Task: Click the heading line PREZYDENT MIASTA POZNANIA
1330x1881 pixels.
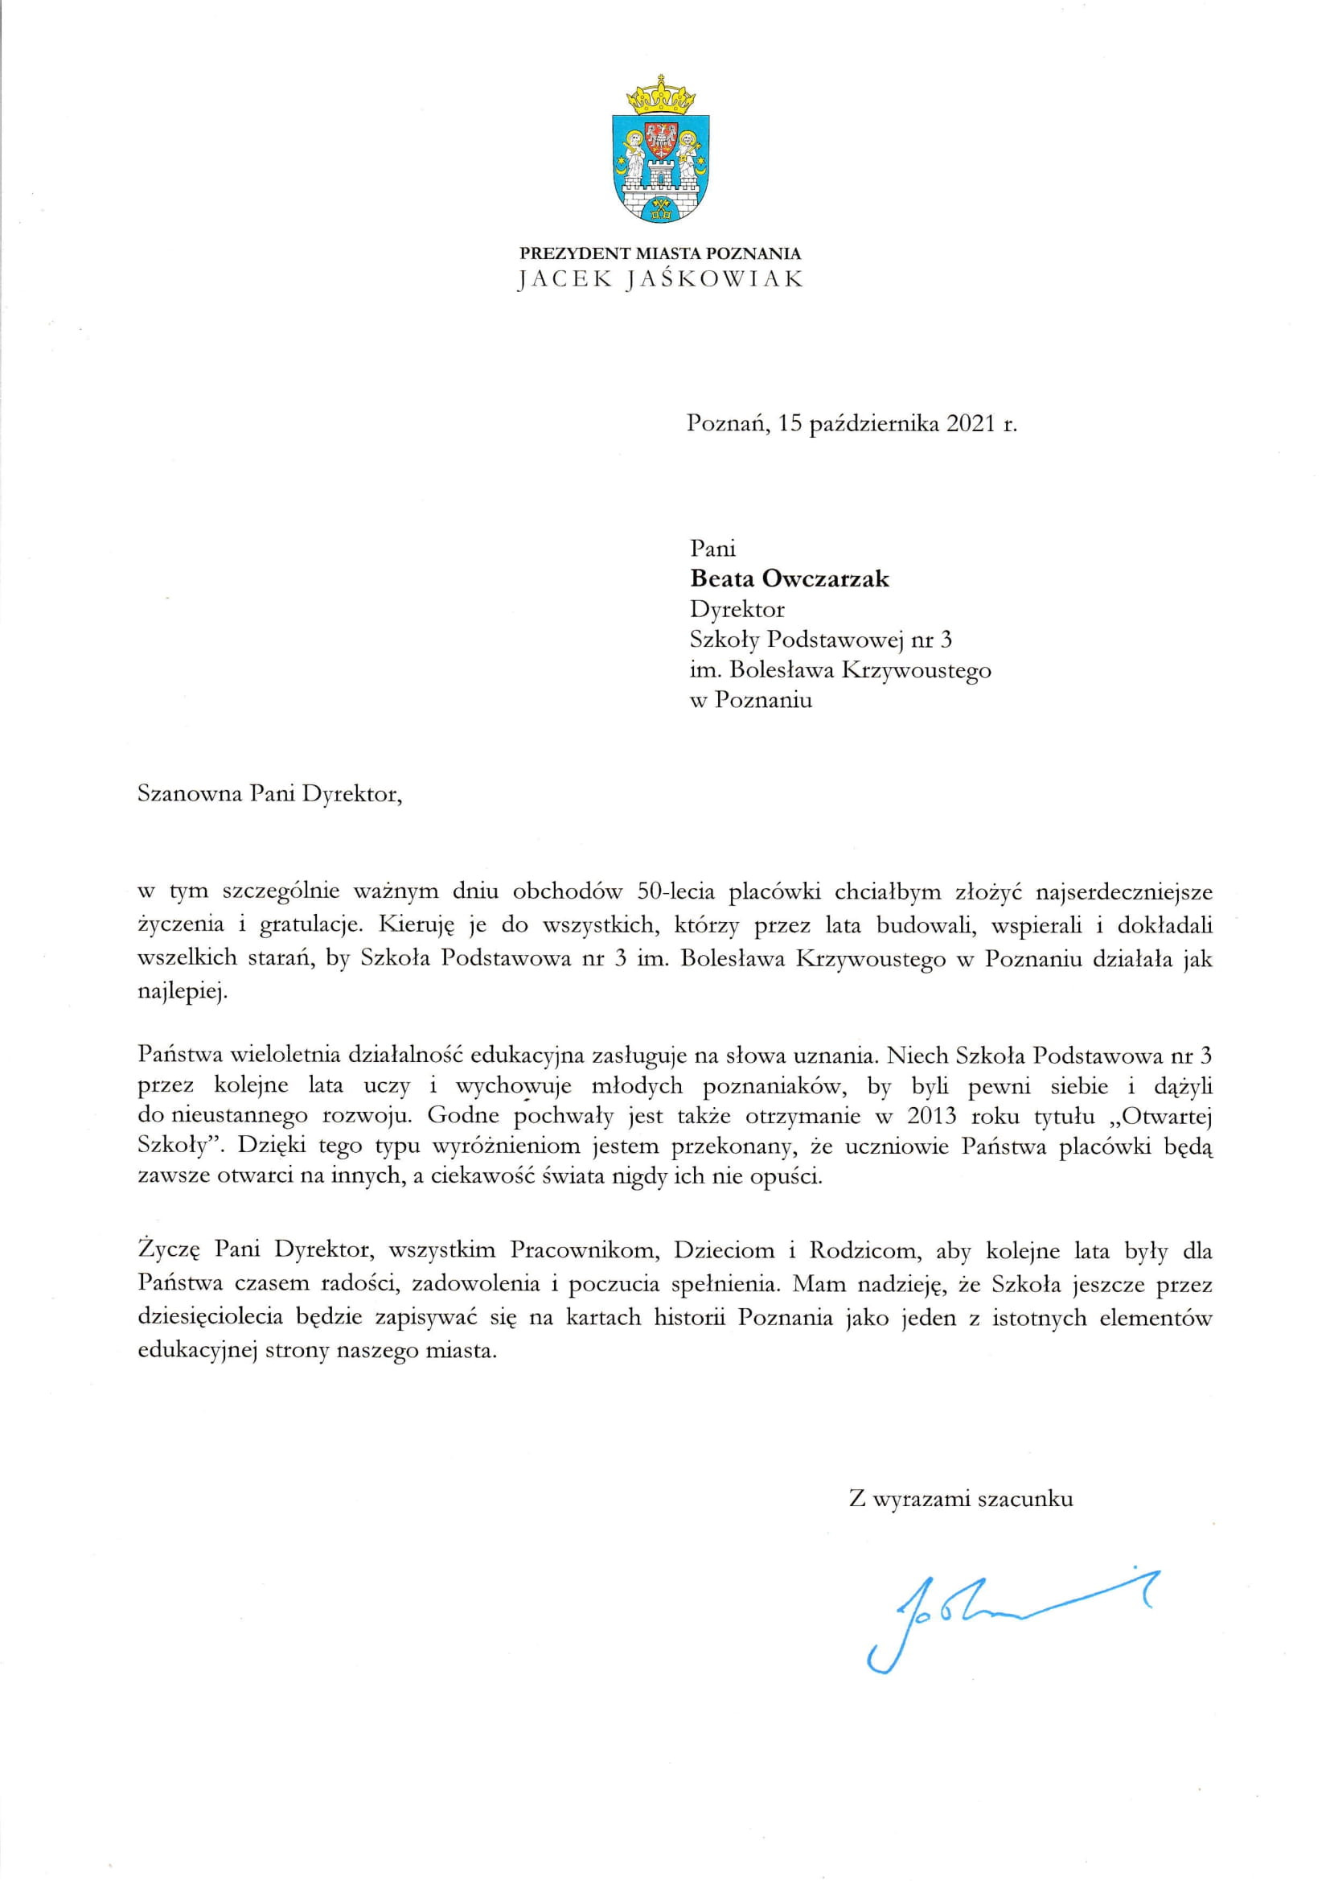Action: (x=660, y=254)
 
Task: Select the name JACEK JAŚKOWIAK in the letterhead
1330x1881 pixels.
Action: (x=660, y=279)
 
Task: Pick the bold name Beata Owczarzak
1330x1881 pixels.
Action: (x=790, y=579)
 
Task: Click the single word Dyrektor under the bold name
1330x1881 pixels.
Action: (x=737, y=610)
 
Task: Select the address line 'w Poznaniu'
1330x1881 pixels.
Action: (x=751, y=701)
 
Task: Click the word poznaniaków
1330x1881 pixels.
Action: (x=771, y=1086)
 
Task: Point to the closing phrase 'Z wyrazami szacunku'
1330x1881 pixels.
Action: (x=961, y=1476)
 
